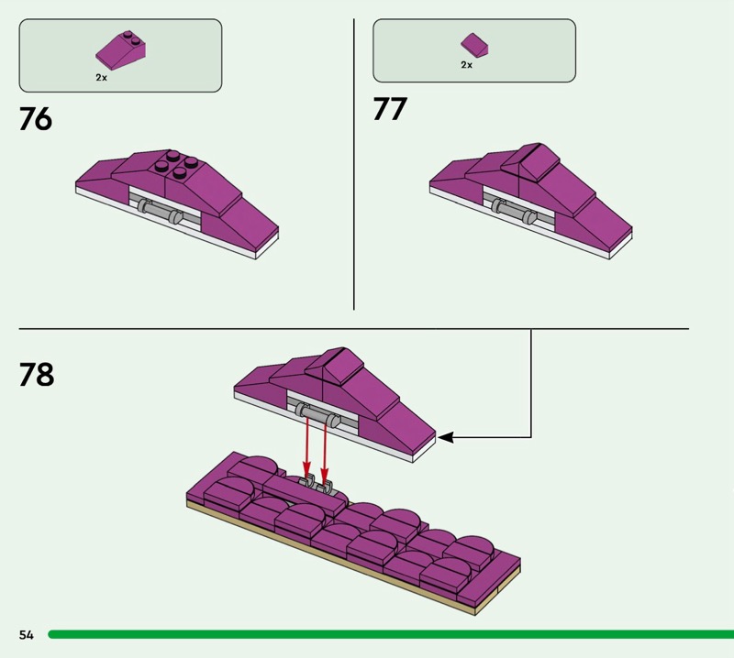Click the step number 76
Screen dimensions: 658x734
(36, 119)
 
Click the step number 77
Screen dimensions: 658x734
(390, 109)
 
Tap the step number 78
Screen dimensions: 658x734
(37, 375)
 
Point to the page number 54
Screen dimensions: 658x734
(26, 635)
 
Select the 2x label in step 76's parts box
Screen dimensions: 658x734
(102, 78)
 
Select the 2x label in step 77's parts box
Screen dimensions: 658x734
(467, 65)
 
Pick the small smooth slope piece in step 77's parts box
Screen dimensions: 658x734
(474, 43)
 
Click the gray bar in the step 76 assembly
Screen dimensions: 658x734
(160, 212)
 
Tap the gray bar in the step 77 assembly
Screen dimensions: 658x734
(513, 211)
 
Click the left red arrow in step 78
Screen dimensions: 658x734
(306, 449)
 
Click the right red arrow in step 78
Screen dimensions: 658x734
(324, 449)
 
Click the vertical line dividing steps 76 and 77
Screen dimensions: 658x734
(354, 165)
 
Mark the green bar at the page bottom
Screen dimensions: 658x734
(385, 634)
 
